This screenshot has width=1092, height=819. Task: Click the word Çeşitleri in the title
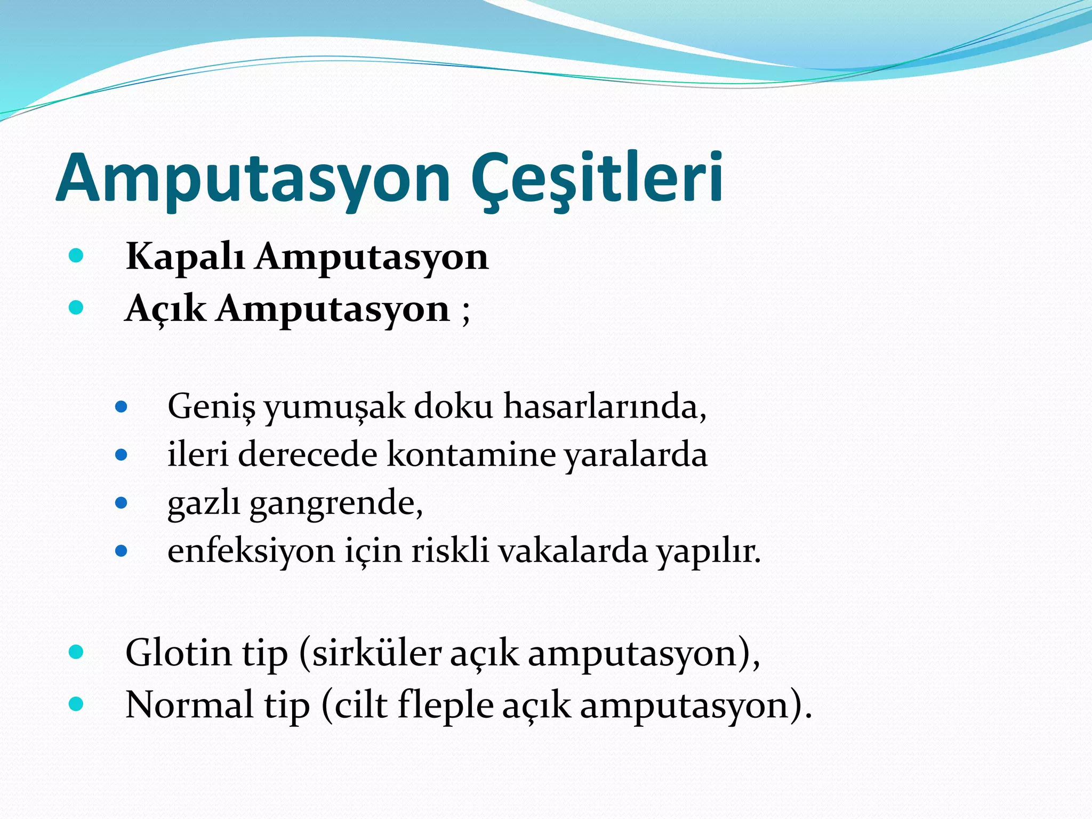(x=597, y=178)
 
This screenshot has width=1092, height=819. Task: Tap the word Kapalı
(x=185, y=257)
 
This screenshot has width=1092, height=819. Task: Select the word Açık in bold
(x=165, y=309)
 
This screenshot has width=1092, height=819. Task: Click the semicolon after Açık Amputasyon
(x=466, y=312)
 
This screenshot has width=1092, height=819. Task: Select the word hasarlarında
(x=605, y=406)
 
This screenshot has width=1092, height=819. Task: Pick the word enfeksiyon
(x=251, y=551)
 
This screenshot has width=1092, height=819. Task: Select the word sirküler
(x=376, y=653)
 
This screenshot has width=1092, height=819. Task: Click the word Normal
(x=189, y=705)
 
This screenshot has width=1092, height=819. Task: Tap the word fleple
(x=445, y=705)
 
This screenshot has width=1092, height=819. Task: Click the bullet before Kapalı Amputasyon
(x=76, y=256)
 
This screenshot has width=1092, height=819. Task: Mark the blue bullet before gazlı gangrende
(x=122, y=503)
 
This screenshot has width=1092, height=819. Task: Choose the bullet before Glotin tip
(x=76, y=652)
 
